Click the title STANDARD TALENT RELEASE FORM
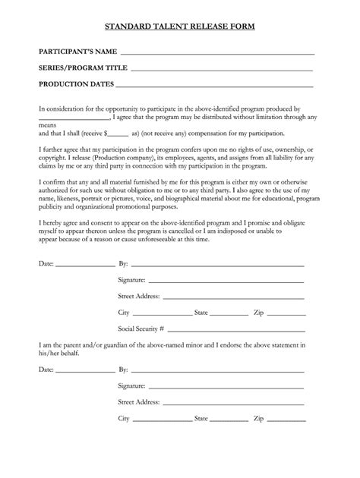(x=179, y=27)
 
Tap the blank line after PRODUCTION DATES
(x=214, y=84)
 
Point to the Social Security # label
(x=141, y=329)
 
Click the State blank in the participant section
(x=228, y=314)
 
